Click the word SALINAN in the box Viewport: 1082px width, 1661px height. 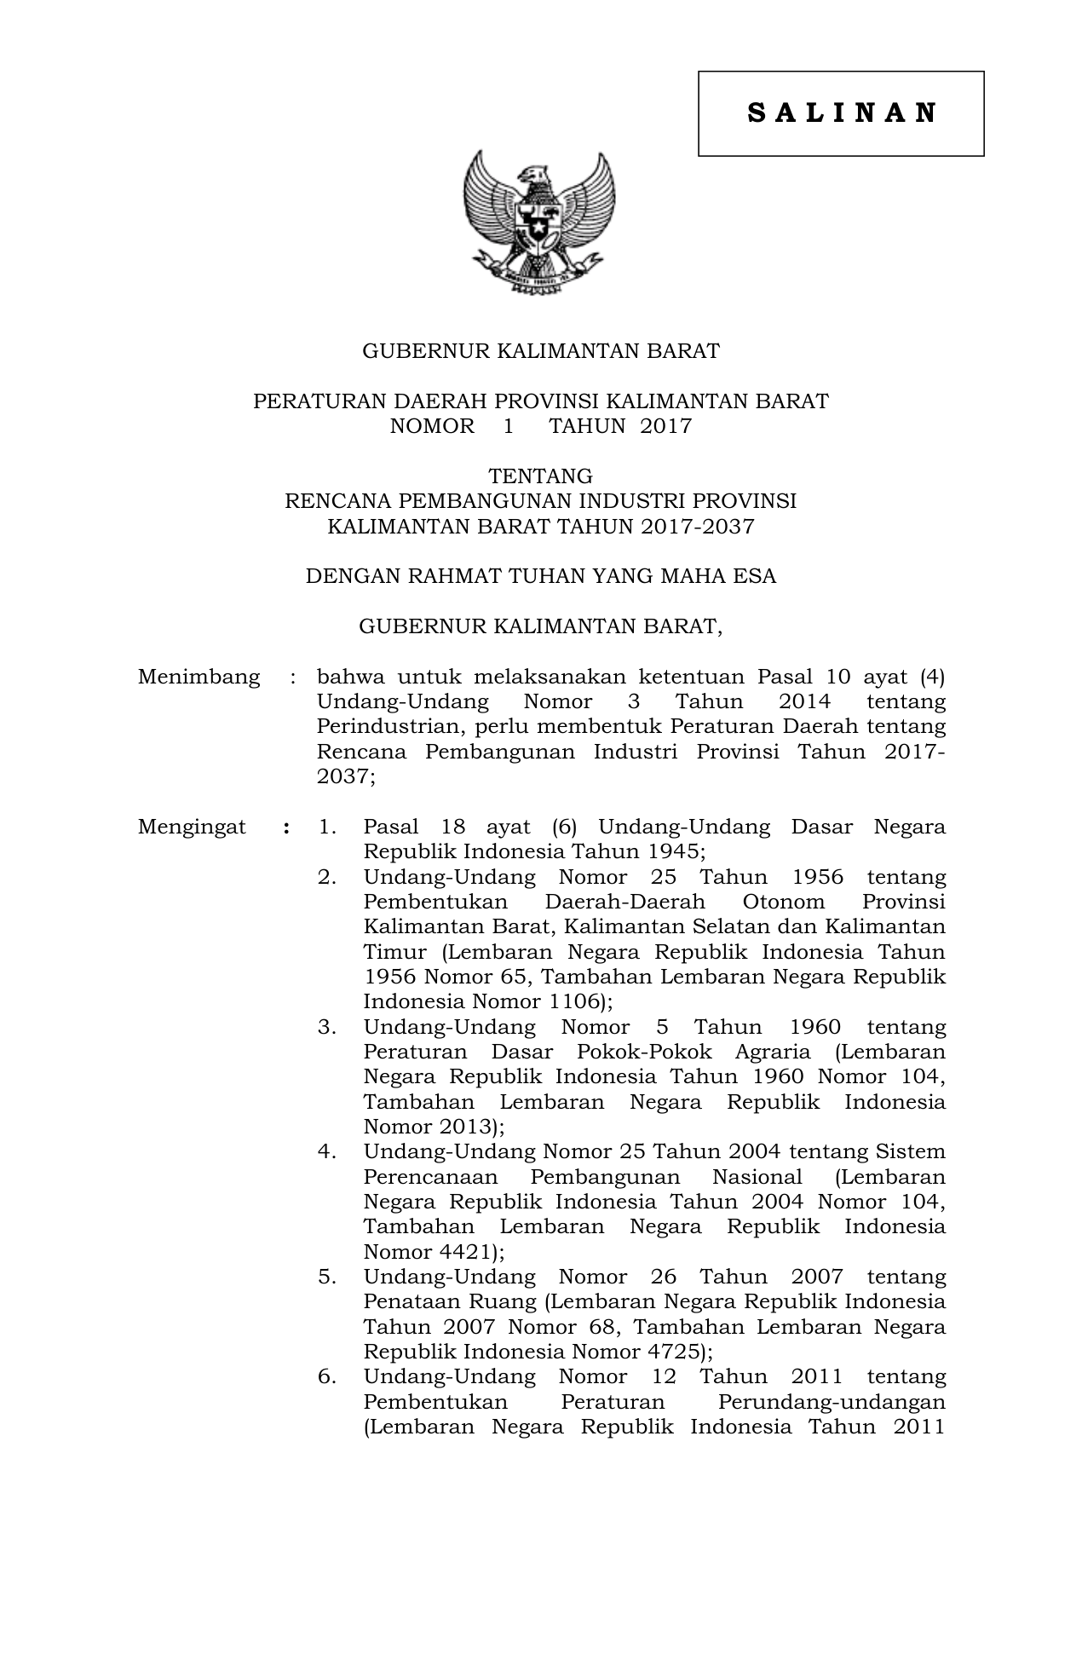(x=842, y=113)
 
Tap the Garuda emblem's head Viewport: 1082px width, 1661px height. (x=537, y=174)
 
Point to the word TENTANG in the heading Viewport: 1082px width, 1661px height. (x=540, y=476)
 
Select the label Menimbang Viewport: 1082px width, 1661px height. (x=199, y=677)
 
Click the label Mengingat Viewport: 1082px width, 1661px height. (x=192, y=827)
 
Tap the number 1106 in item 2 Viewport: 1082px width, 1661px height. (x=573, y=1001)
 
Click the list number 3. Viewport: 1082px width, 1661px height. (x=326, y=1027)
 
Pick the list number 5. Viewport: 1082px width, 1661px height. (x=326, y=1277)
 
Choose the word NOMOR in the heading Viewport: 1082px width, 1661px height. (x=432, y=426)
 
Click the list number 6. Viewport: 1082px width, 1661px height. (x=326, y=1376)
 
